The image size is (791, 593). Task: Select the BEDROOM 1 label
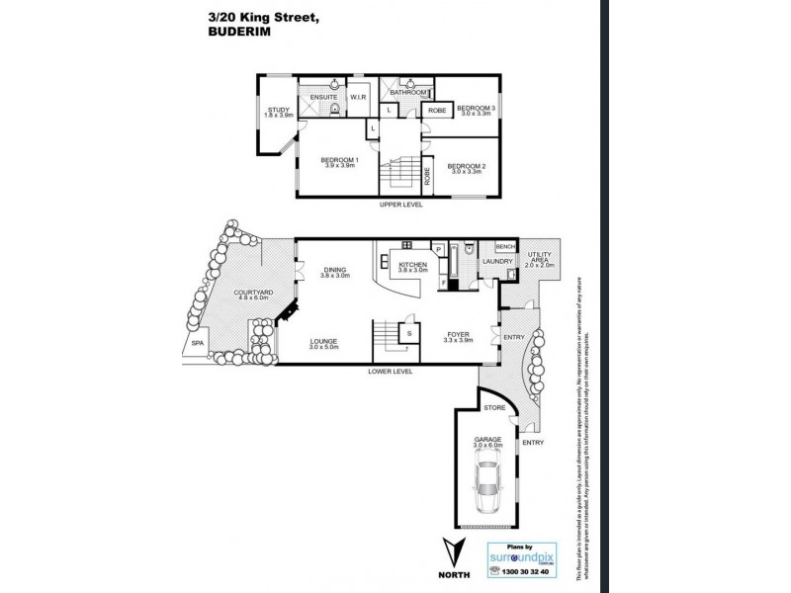(340, 160)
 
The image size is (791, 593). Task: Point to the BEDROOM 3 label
(476, 107)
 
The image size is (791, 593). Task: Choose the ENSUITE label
(324, 98)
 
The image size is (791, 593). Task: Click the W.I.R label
(357, 98)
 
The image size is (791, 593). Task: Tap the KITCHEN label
(411, 265)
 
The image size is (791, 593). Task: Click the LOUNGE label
(322, 341)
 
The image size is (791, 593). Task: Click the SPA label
(198, 344)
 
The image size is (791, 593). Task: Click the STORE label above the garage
(494, 406)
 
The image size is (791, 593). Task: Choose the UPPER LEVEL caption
(401, 204)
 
